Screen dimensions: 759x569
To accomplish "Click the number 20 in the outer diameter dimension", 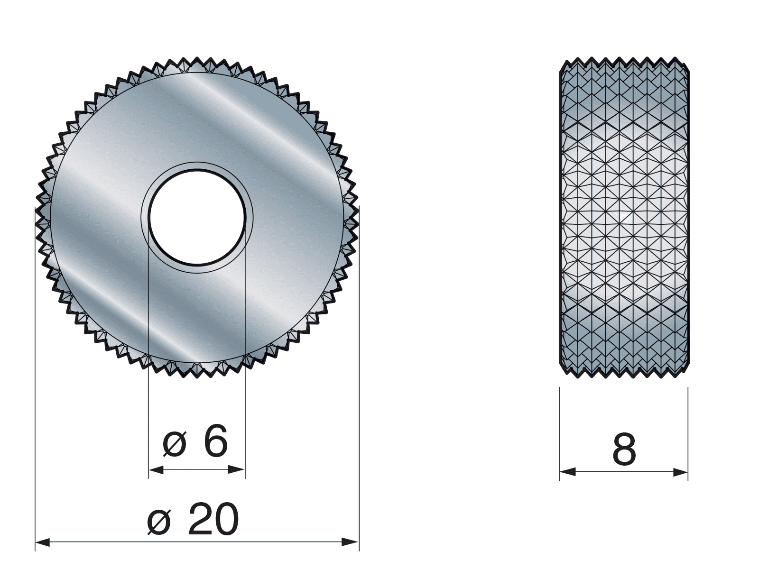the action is coord(213,519).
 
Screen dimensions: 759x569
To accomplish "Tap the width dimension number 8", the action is coord(624,450).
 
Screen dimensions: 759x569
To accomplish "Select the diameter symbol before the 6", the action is coord(175,444).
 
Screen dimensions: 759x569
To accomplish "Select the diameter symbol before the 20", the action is coord(159,523).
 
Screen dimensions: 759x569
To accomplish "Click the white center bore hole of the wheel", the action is coord(197,217).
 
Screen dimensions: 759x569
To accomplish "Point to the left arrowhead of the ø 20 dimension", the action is coord(43,542).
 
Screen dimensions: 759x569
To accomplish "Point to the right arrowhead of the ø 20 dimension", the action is coord(351,542).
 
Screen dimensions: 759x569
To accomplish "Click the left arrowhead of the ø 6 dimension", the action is coord(156,469).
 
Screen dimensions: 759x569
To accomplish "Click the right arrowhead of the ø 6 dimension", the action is coord(238,469).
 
